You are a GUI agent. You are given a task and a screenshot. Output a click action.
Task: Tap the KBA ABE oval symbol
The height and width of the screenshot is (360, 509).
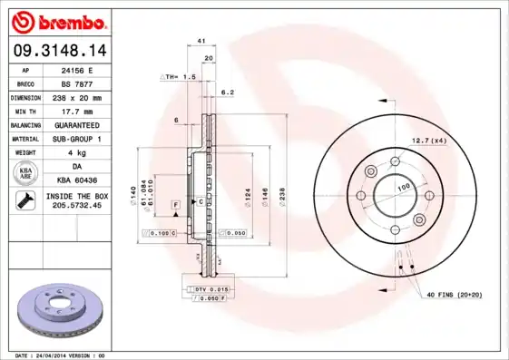pos(26,173)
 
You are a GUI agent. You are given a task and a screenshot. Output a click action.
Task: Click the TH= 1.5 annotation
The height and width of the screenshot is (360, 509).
pos(180,78)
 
